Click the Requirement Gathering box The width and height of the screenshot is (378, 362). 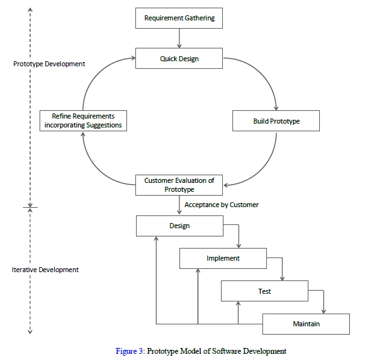point(179,18)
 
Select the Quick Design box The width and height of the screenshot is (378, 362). point(179,59)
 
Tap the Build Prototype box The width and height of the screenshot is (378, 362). point(276,121)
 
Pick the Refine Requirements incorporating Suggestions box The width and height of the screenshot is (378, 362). point(83,121)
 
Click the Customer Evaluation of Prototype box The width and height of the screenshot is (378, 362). point(179,185)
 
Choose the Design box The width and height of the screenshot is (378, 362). point(179,226)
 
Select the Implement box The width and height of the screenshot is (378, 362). point(223,258)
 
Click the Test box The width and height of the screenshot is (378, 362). point(264,291)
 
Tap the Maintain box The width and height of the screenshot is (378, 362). point(306,324)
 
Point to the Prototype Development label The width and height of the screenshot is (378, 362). point(49,64)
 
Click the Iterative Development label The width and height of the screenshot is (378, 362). point(45,270)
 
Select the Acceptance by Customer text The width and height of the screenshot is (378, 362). point(222,205)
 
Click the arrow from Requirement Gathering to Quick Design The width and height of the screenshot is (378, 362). point(179,38)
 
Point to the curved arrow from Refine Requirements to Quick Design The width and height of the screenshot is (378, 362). point(96,73)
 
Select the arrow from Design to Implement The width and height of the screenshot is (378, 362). point(238,235)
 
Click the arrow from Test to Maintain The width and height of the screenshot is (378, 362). point(324,301)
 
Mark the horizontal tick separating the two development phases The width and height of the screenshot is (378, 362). point(30,207)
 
